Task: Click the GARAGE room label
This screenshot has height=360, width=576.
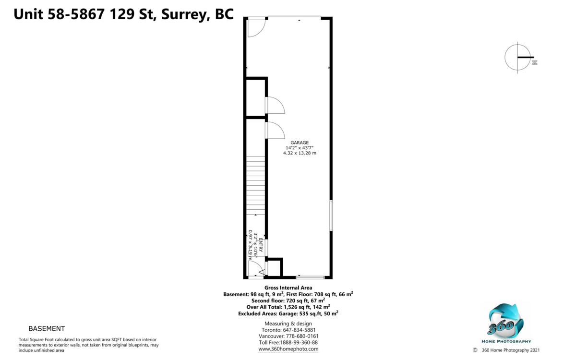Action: pos(300,143)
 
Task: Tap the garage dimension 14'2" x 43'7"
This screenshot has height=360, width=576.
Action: pos(300,148)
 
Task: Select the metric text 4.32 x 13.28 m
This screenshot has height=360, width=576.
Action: pos(300,153)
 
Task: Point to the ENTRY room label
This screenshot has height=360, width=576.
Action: pos(261,245)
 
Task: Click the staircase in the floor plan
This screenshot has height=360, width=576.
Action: pos(255,185)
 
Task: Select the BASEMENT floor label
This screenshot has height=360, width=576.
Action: pos(47,329)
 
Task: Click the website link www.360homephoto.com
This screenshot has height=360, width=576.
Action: pos(288,349)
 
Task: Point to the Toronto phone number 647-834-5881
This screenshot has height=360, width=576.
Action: pos(299,330)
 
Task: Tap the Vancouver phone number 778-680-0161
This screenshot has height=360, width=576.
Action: pos(302,336)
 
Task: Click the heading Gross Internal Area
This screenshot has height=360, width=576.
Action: pos(288,288)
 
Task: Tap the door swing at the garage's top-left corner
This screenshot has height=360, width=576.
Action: pos(256,28)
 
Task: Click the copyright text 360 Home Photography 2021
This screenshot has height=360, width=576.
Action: pos(511,350)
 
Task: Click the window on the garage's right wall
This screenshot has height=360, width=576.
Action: pos(331,216)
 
